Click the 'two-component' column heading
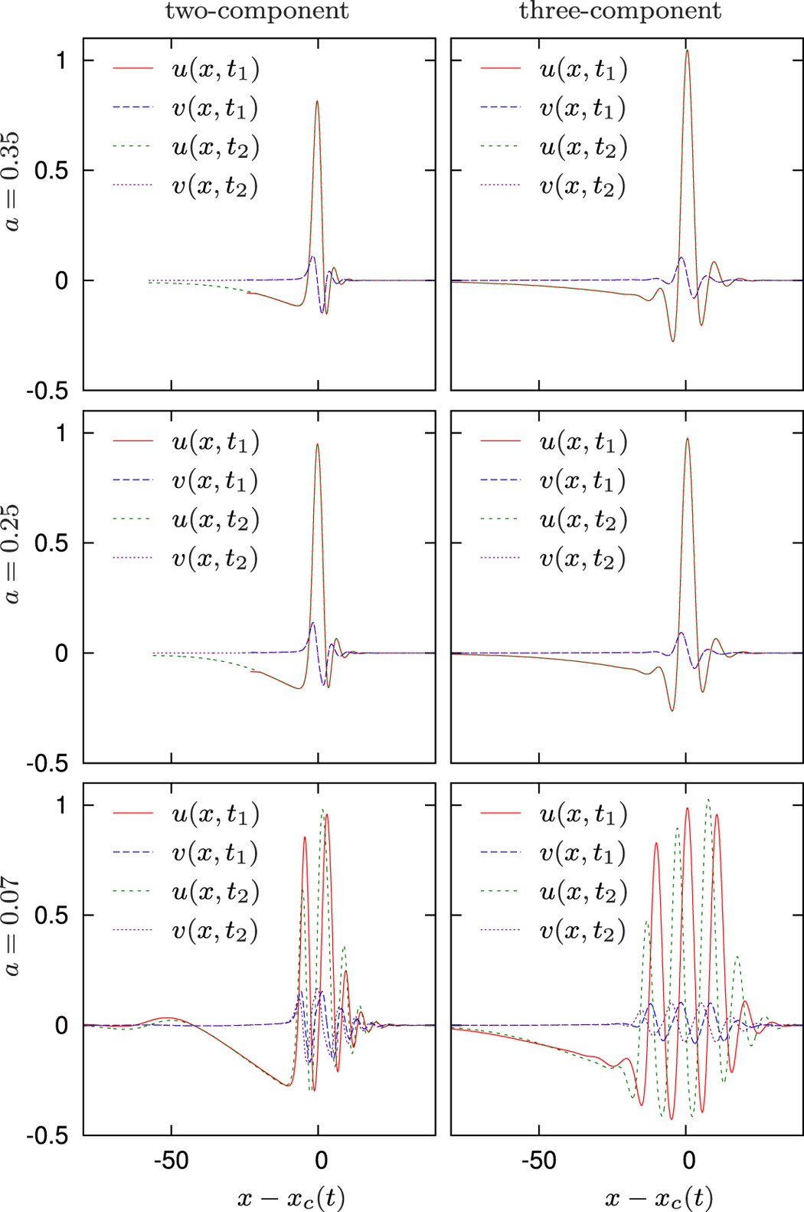[x=257, y=11]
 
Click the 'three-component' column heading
[x=620, y=11]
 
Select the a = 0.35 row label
[x=13, y=182]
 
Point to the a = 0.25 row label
[x=13, y=554]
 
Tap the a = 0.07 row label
[x=13, y=926]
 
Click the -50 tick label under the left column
[x=170, y=1160]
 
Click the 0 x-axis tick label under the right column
[x=689, y=1160]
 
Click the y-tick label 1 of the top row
[x=61, y=60]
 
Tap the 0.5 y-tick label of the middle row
[x=51, y=543]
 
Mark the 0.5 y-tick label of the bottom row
[x=51, y=916]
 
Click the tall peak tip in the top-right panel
[x=687, y=51]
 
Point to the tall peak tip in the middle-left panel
[x=317, y=444]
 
